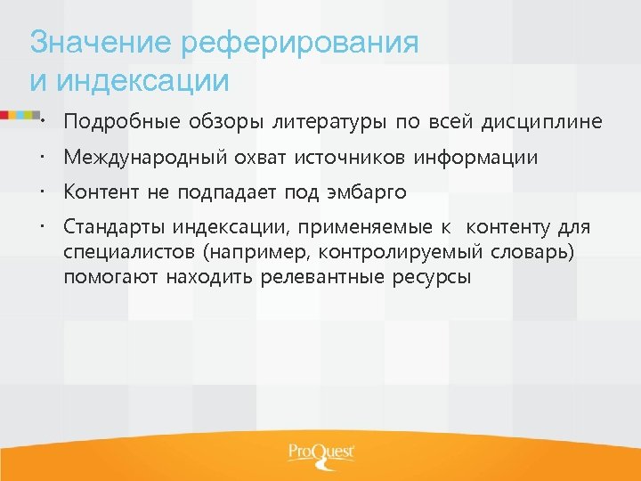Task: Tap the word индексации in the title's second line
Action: pyautogui.click(x=142, y=81)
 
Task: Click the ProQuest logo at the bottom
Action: pyautogui.click(x=320, y=453)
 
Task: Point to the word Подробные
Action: pyautogui.click(x=121, y=121)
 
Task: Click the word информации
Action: pyautogui.click(x=481, y=158)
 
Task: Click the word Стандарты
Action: pyautogui.click(x=113, y=228)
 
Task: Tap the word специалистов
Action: pyautogui.click(x=122, y=252)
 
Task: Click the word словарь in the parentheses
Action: pyautogui.click(x=532, y=252)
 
